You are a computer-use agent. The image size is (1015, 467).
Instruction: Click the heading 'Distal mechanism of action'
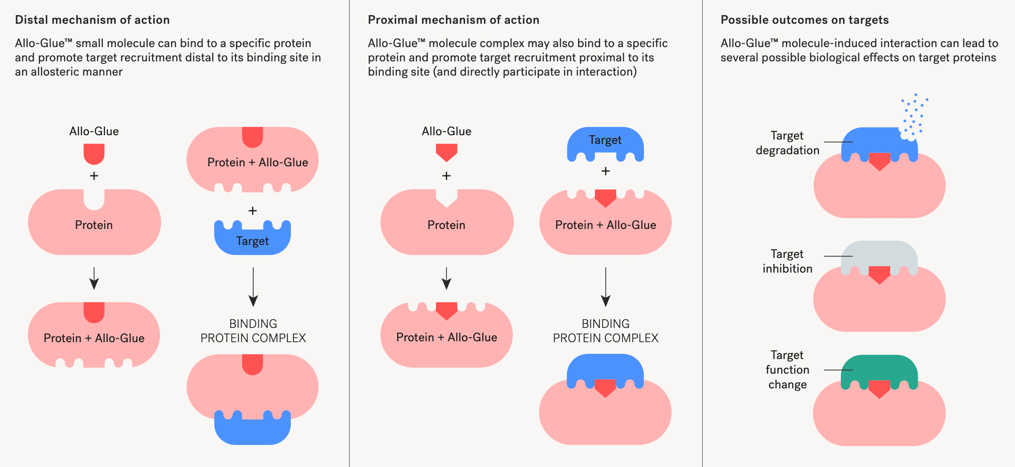[x=92, y=20]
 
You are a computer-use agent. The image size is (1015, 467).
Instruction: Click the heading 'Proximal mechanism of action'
[x=453, y=20]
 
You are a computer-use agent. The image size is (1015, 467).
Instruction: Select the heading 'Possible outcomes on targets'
[x=805, y=20]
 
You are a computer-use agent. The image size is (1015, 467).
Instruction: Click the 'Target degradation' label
[x=787, y=143]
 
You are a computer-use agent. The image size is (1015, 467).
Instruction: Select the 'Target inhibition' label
[x=787, y=261]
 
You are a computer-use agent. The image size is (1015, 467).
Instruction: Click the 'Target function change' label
[x=787, y=370]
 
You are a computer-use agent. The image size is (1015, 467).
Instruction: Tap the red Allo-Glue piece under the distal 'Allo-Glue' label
[x=94, y=153]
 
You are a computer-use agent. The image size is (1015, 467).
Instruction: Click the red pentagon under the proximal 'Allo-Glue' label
[x=446, y=152]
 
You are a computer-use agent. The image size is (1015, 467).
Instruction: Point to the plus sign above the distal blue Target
[x=253, y=211]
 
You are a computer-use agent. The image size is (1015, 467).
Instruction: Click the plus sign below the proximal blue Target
[x=606, y=172]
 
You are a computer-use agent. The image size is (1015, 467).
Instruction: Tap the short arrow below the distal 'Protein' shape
[x=94, y=278]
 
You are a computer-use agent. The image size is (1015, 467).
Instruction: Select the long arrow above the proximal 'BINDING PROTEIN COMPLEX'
[x=606, y=287]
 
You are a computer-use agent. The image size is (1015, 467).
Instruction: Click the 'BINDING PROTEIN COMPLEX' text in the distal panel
[x=253, y=331]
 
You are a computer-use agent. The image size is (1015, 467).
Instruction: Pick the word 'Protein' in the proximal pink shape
[x=446, y=225]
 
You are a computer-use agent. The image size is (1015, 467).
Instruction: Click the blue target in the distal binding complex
[x=252, y=430]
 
